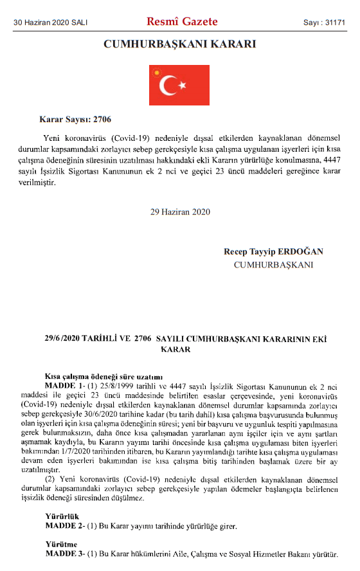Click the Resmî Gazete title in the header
tap(183, 22)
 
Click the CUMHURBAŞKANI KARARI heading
tap(179, 44)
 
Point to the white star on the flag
tap(182, 85)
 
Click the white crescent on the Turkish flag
tap(169, 85)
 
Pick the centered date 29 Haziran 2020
tap(179, 212)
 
